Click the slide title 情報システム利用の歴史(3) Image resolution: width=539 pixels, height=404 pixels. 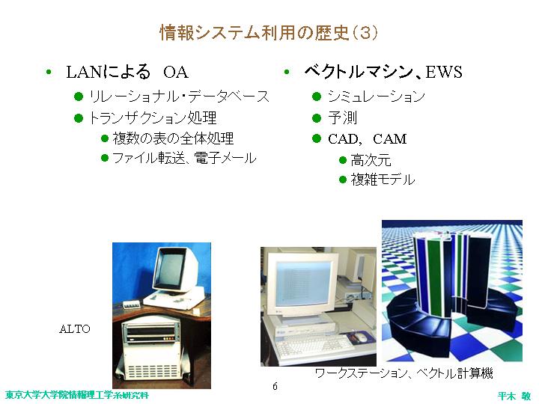tap(269, 33)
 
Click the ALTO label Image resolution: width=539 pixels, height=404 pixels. tap(75, 329)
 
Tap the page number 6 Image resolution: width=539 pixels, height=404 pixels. tap(275, 386)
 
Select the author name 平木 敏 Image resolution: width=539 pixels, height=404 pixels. tap(514, 396)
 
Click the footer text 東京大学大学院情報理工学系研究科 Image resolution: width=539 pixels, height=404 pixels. tap(77, 395)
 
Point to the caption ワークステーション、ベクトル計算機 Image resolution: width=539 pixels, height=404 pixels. tap(404, 373)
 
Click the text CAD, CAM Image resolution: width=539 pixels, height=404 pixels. tap(367, 139)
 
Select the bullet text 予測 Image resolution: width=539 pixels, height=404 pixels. tap(342, 118)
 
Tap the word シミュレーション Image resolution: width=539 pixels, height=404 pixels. tap(377, 97)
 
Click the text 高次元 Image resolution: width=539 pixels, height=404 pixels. tap(371, 160)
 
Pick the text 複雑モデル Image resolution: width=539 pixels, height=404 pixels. tap(383, 180)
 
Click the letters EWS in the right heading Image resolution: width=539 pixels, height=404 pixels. tap(444, 72)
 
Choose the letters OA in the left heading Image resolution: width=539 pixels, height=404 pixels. tap(176, 73)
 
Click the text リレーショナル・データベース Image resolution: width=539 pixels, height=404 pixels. tap(179, 97)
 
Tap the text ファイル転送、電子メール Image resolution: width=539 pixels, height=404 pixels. tap(184, 158)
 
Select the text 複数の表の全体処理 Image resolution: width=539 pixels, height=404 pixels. tap(173, 138)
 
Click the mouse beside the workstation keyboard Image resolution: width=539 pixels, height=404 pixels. tap(360, 337)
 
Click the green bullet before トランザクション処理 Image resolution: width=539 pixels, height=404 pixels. tap(79, 118)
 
